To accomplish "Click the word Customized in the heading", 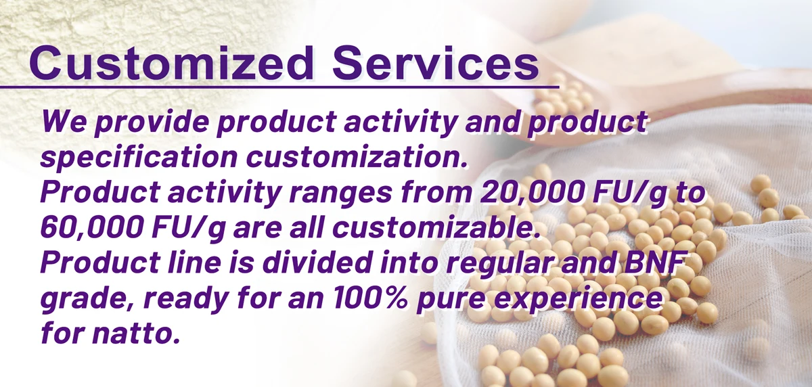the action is click(x=171, y=63).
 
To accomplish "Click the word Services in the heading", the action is click(x=435, y=63).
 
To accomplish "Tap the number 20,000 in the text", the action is click(x=531, y=193).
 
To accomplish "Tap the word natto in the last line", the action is click(x=136, y=333).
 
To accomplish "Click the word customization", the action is click(x=357, y=157).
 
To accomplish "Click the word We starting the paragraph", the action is click(x=64, y=121).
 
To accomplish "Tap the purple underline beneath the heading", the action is click(x=279, y=87).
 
